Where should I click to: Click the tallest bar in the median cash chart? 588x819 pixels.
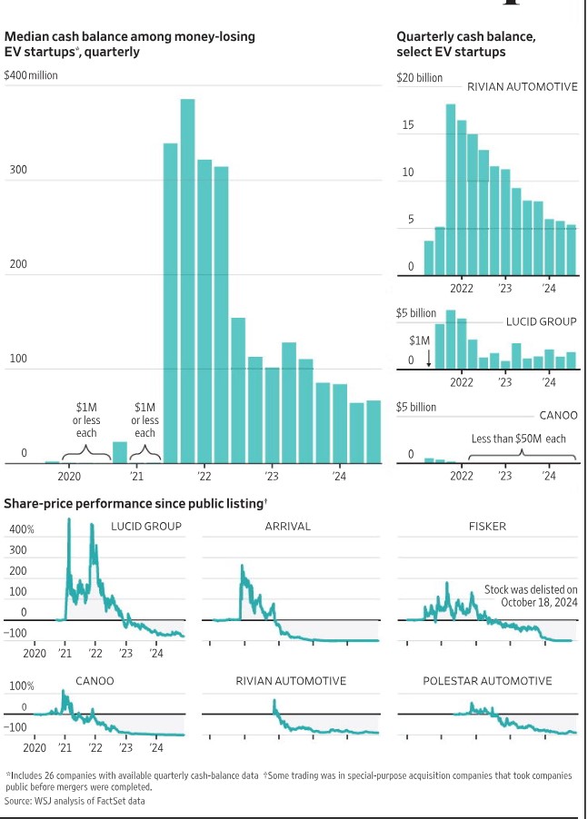pos(187,281)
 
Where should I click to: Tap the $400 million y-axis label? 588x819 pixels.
pos(31,75)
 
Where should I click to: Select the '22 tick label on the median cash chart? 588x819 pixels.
pos(204,476)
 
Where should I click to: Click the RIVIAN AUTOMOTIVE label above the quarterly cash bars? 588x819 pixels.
pos(522,87)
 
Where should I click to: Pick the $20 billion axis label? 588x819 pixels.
pos(420,78)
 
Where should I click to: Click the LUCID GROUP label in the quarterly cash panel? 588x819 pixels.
pos(542,321)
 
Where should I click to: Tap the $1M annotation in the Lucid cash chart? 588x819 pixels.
pos(419,340)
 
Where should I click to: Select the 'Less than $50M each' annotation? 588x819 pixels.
pos(518,439)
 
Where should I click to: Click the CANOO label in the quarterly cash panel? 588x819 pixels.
pos(558,415)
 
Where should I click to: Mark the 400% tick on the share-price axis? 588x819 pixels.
pos(22,529)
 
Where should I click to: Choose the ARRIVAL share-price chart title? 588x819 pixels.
pos(287,526)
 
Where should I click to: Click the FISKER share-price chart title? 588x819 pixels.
pos(487,526)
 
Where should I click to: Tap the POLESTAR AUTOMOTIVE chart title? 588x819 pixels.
pos(487,680)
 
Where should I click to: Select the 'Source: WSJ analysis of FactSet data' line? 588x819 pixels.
pos(75,801)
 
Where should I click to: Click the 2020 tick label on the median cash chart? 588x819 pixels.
pos(70,476)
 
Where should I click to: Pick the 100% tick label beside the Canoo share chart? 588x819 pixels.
pos(22,686)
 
